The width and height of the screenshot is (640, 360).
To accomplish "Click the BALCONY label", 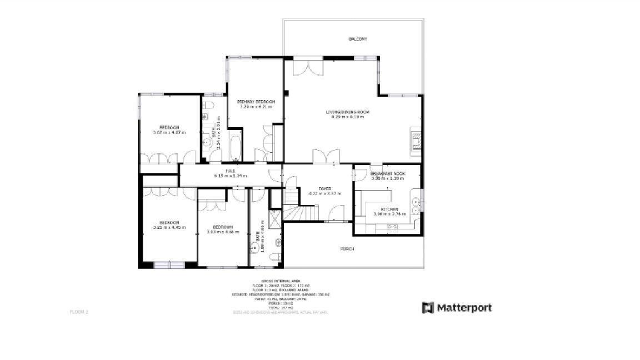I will (358, 39).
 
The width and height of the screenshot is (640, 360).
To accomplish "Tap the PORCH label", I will (347, 249).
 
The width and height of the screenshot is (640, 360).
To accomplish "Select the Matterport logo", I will (457, 308).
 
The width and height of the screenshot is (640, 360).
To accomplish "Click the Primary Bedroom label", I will (256, 102).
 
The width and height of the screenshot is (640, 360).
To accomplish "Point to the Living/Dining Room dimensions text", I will (347, 117).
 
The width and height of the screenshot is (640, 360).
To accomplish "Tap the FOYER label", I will (317, 189).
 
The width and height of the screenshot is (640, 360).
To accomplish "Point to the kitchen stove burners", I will (392, 227).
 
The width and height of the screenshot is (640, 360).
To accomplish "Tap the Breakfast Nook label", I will (388, 174).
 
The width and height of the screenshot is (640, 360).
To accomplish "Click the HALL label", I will (231, 171).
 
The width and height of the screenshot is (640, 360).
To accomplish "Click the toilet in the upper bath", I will (209, 105).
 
